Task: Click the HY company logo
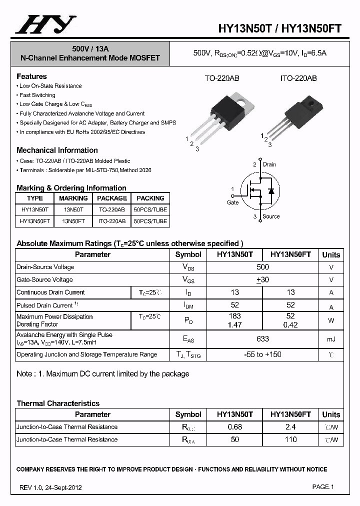45,24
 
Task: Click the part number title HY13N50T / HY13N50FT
280,28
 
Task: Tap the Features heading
31,76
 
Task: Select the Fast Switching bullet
37,95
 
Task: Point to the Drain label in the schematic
269,164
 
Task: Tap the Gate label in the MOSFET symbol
232,202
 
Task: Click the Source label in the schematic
271,216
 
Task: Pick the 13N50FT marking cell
73,221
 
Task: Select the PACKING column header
150,198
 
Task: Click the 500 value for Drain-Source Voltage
262,267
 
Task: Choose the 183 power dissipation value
234,316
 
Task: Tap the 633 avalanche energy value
262,339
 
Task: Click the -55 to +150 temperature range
262,354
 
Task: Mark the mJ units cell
331,339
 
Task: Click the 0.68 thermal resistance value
234,427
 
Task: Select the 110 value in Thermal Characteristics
290,439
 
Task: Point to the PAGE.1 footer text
323,486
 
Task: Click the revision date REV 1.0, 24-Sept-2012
51,487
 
